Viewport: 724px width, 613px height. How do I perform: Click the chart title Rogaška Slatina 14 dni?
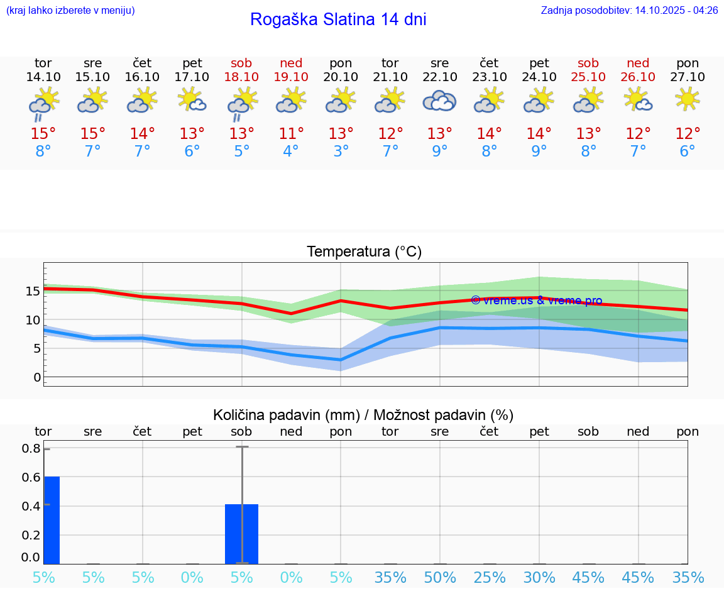338,19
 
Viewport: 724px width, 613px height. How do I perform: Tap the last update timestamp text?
629,10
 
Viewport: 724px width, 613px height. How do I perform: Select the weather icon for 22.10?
439,101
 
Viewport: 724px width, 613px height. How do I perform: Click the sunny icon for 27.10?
688,99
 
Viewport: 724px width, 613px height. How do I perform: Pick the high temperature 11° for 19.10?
291,134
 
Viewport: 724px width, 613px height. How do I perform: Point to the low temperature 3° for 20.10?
341,152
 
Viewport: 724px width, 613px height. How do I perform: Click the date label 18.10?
241,77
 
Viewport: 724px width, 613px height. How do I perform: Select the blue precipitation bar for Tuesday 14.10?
52,520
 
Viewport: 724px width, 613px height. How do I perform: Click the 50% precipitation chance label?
440,578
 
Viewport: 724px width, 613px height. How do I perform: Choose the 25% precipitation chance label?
490,578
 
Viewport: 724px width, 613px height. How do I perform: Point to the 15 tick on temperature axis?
33,291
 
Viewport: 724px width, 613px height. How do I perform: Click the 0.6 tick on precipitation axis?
32,477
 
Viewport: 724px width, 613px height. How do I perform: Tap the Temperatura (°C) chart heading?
364,252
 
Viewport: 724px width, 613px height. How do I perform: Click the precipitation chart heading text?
363,415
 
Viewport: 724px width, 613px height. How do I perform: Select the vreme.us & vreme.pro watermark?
536,301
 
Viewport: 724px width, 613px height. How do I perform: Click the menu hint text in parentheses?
70,10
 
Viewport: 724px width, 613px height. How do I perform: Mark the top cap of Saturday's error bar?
242,446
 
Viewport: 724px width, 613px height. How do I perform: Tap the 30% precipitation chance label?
539,578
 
